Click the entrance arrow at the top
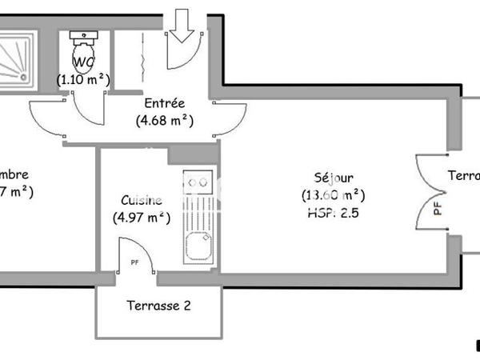[x=182, y=25]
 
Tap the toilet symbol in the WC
[x=83, y=53]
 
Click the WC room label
[x=83, y=62]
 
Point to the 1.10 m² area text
[x=83, y=79]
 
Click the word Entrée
[x=165, y=103]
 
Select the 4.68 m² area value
[x=165, y=121]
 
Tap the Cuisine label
[x=142, y=200]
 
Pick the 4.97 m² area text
[x=142, y=216]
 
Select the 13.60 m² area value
[x=334, y=194]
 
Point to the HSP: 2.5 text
[x=334, y=213]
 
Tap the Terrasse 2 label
[x=158, y=305]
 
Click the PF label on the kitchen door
[x=134, y=261]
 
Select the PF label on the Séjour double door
[x=437, y=208]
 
